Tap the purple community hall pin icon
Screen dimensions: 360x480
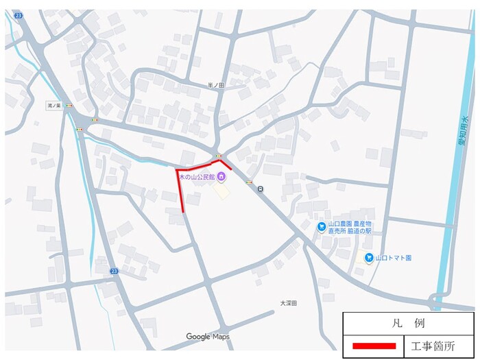click(222, 178)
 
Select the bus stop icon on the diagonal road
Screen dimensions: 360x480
click(260, 189)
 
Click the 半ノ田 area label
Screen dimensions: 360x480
click(216, 85)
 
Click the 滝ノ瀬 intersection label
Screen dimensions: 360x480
click(54, 106)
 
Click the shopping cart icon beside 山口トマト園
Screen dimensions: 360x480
click(369, 258)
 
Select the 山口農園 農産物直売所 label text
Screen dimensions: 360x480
click(349, 228)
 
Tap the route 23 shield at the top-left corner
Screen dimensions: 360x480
click(17, 14)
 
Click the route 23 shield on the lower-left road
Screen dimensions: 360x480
click(114, 272)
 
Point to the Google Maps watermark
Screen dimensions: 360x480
click(208, 337)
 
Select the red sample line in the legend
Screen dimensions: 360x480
click(374, 346)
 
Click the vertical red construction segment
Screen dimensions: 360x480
click(181, 192)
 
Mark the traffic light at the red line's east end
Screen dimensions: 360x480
click(219, 156)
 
